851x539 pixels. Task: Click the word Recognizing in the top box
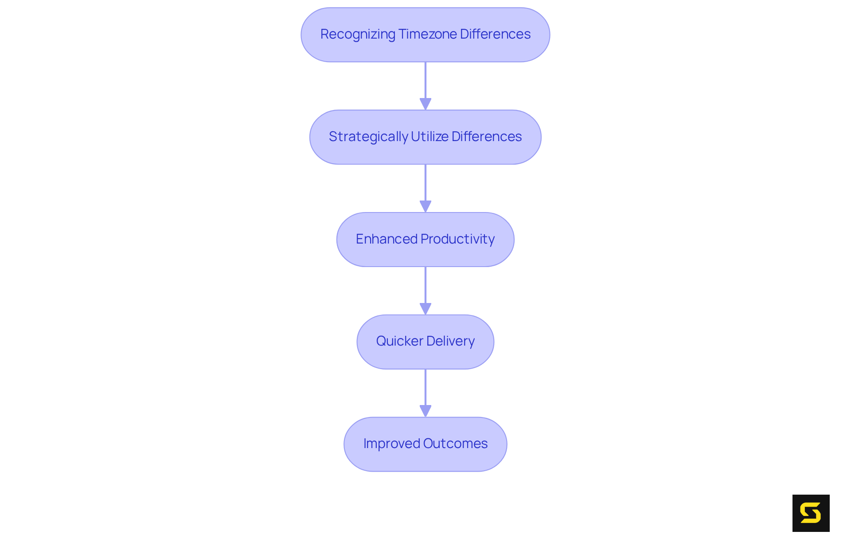click(x=358, y=35)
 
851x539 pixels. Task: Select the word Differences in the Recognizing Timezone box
click(x=495, y=34)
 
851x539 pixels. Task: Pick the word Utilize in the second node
click(x=429, y=137)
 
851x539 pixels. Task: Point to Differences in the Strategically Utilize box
click(x=487, y=137)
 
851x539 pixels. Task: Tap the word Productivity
click(x=457, y=239)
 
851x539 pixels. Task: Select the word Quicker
click(x=399, y=341)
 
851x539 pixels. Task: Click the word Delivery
click(x=450, y=341)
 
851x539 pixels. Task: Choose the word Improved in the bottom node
click(x=391, y=444)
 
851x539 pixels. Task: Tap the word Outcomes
click(x=455, y=444)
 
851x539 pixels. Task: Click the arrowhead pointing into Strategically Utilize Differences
click(x=425, y=104)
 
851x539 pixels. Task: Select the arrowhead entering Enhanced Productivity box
click(x=425, y=206)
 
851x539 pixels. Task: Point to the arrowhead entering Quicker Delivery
click(x=425, y=309)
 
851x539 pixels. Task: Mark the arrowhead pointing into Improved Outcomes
click(x=425, y=411)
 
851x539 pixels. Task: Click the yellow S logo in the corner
click(x=811, y=513)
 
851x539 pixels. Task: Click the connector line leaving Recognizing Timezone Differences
click(x=425, y=80)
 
